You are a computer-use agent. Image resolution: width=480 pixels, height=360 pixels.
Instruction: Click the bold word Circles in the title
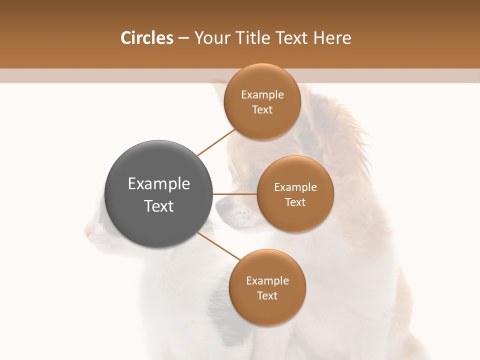146,38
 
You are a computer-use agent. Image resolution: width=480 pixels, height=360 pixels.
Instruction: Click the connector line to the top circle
216,142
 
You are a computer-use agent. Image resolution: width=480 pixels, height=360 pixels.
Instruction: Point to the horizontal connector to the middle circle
235,194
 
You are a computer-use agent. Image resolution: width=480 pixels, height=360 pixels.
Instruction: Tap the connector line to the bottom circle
219,247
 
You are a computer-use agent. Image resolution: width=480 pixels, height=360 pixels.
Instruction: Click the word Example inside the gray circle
159,184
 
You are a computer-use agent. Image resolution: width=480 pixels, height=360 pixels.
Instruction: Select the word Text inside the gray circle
159,206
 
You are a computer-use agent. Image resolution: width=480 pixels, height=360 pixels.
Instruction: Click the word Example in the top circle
262,95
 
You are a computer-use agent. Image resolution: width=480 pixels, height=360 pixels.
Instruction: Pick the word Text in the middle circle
295,202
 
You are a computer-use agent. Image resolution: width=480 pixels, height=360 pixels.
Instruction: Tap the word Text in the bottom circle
267,295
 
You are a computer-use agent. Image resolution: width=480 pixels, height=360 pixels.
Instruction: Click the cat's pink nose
88,232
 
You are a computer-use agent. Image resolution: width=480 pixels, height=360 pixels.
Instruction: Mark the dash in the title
183,38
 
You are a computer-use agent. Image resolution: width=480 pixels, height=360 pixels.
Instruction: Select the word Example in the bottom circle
267,280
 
